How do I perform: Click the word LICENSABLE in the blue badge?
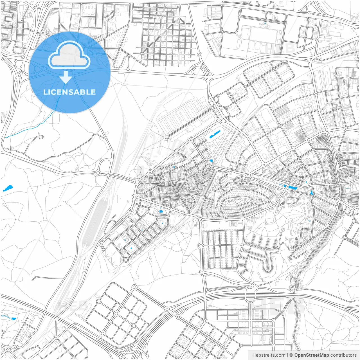69,92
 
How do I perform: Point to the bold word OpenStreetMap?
311,355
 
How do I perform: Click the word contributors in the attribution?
343,355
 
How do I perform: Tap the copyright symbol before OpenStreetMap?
291,355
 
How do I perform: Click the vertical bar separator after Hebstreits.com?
287,355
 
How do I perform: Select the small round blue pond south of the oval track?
211,161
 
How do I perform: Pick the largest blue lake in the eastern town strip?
293,188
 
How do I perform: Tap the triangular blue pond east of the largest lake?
311,193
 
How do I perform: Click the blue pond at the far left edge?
8,188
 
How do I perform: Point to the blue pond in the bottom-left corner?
13,319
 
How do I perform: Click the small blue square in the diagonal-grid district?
131,248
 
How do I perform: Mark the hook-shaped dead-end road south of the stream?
41,137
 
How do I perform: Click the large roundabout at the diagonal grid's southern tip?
126,260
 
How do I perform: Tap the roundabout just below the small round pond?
208,166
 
